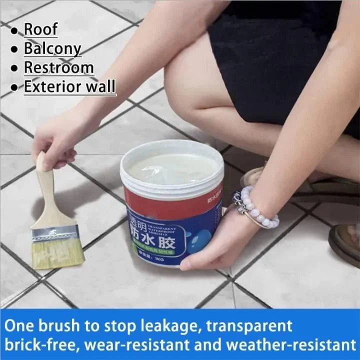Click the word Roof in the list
40,29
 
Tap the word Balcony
52,48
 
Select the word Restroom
58,67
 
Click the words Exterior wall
69,86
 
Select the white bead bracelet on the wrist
257,207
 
